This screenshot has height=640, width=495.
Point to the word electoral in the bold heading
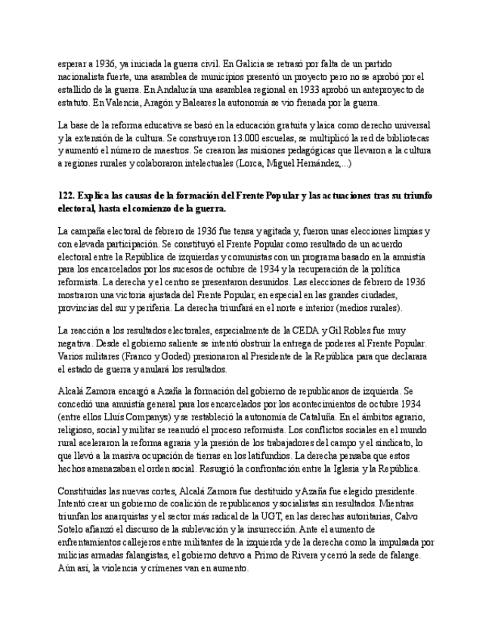pyautogui.click(x=79, y=208)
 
